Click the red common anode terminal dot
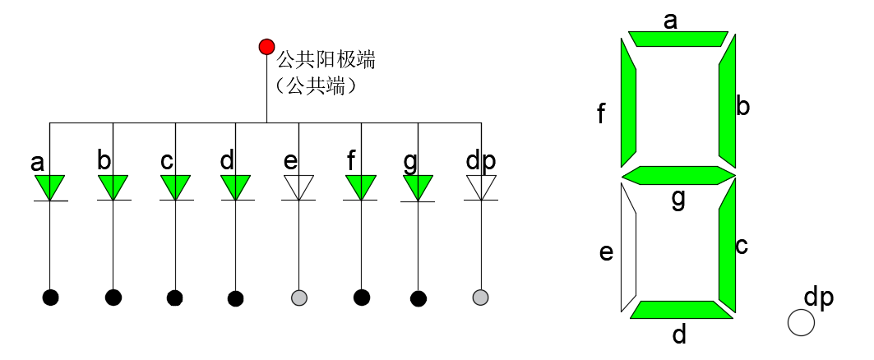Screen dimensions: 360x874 (266, 46)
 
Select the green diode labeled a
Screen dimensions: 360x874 (50, 187)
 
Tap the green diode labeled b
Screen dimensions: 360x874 (113, 187)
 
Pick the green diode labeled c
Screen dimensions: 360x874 (175, 187)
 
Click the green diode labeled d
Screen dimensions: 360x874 (236, 187)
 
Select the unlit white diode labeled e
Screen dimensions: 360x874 (298, 187)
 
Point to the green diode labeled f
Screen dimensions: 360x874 (360, 187)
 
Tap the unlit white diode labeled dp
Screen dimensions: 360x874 (481, 187)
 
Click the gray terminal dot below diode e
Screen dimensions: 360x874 (299, 297)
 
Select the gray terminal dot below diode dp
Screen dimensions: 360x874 (481, 297)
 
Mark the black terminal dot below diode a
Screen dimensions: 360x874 (50, 297)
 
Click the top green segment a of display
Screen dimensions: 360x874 (678, 39)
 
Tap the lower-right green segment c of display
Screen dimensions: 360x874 (726, 245)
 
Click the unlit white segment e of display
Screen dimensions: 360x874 (628, 247)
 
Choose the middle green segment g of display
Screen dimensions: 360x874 (678, 176)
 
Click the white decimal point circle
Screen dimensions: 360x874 (800, 322)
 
